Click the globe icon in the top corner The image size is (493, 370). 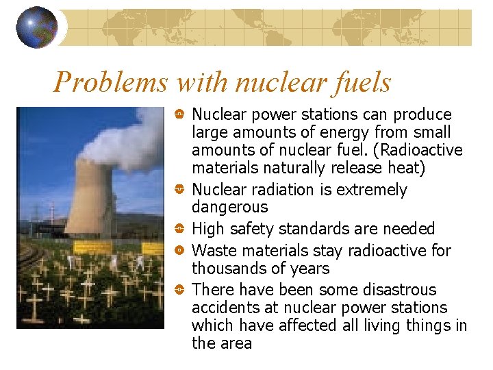[37, 27]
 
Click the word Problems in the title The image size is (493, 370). [110, 83]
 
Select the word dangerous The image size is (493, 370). [230, 207]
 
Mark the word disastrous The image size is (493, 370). [404, 290]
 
